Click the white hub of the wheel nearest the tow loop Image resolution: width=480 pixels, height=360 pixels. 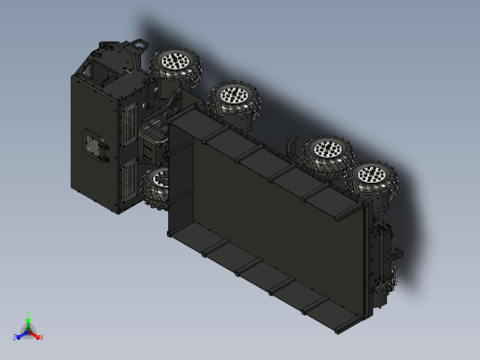point(174,63)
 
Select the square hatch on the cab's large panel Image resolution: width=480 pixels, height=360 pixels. point(92,145)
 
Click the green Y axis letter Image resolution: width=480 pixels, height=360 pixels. point(29,314)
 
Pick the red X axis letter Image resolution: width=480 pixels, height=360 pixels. point(42,337)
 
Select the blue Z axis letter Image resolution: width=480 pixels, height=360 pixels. point(16,337)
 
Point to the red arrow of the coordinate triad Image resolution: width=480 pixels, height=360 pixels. point(36,334)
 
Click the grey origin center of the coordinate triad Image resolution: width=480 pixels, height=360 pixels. point(29,330)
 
